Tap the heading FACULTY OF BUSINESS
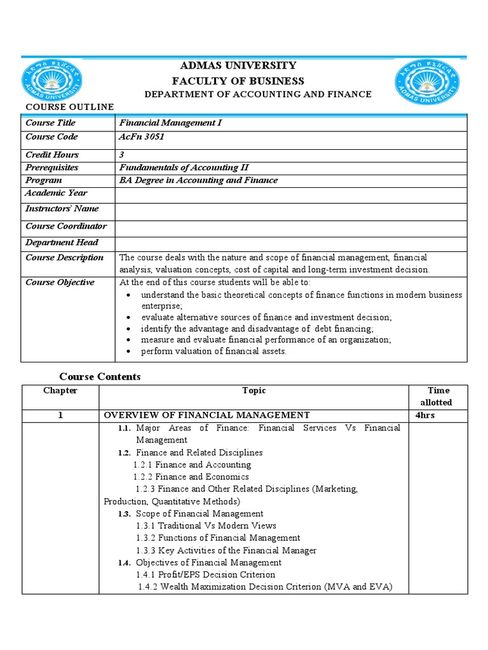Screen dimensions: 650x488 (x=238, y=81)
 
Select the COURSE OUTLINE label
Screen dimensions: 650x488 (x=69, y=107)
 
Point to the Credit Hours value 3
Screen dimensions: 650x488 (x=122, y=155)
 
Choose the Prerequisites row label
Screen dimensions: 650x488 (x=52, y=168)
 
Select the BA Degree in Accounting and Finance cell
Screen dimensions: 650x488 (x=199, y=180)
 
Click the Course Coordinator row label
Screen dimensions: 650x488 (x=66, y=227)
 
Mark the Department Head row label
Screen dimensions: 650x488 (x=62, y=242)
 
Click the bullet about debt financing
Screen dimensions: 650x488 (x=257, y=329)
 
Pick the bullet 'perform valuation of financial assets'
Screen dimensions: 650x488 (x=213, y=352)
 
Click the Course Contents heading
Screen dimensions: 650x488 (x=100, y=377)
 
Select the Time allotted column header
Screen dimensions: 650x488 (x=438, y=397)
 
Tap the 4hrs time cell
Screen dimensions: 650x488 (x=425, y=415)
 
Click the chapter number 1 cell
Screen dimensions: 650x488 (x=60, y=415)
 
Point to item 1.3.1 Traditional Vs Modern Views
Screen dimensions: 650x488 (x=206, y=526)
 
